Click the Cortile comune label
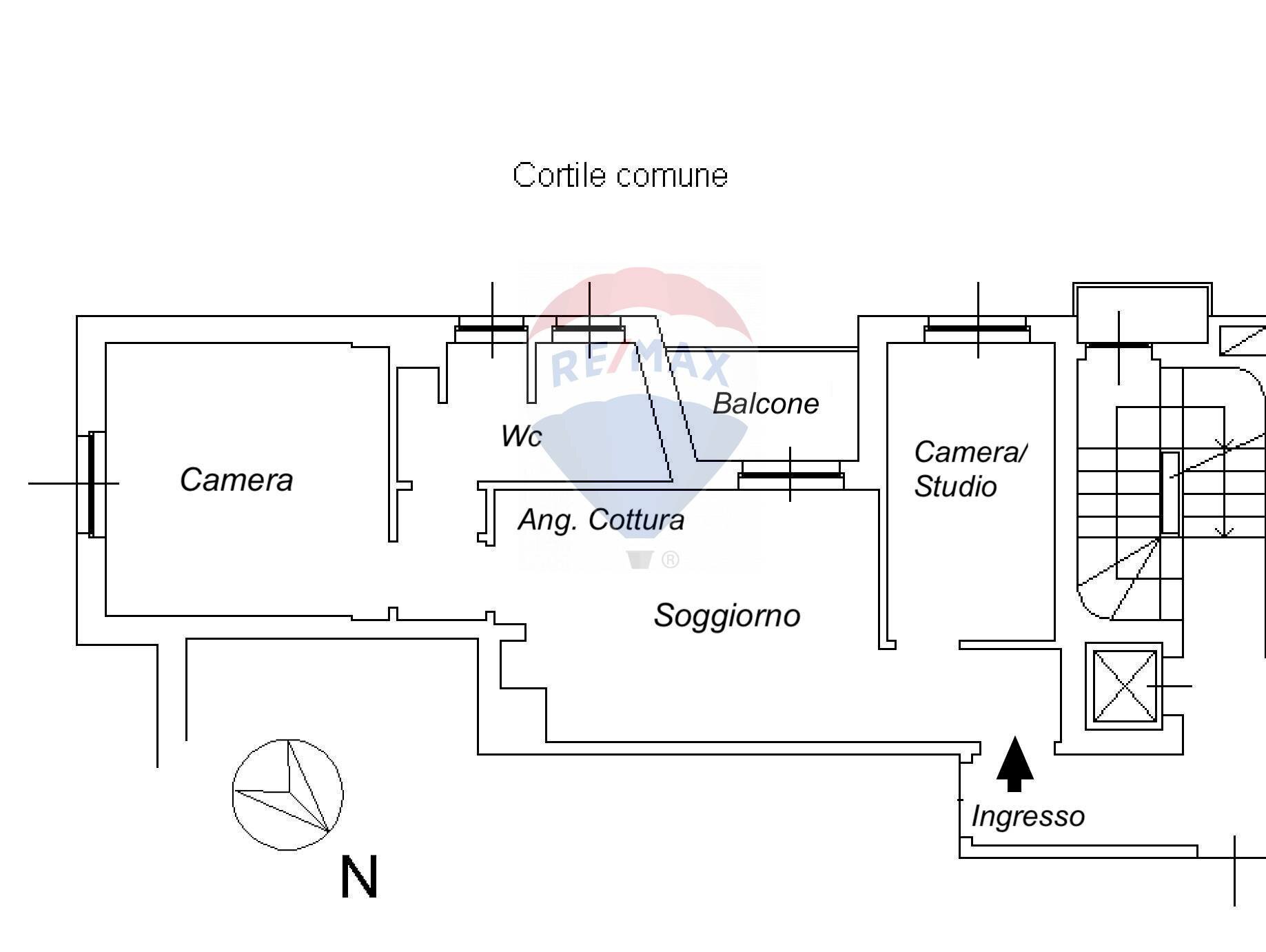point(620,176)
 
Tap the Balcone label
point(765,404)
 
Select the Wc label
point(521,436)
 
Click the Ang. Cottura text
point(601,520)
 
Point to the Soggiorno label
point(727,616)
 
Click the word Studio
point(955,487)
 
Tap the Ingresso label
point(1028,817)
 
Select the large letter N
point(359,877)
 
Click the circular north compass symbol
point(287,794)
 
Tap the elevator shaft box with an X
point(1124,686)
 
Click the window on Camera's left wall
point(92,484)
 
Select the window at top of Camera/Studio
point(977,329)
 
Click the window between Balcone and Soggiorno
point(790,475)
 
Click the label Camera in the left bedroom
point(236,480)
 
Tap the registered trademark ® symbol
point(670,560)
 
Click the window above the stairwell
point(1118,345)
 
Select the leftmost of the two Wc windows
point(491,329)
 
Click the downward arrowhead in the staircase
point(1223,531)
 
